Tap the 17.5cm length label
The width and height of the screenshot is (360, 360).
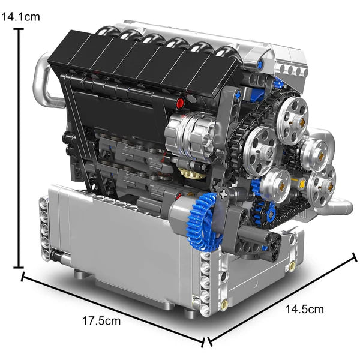pyautogui.click(x=101, y=320)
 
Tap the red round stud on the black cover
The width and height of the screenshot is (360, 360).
pyautogui.click(x=190, y=99)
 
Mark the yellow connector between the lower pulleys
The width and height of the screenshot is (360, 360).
pyautogui.click(x=302, y=181)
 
